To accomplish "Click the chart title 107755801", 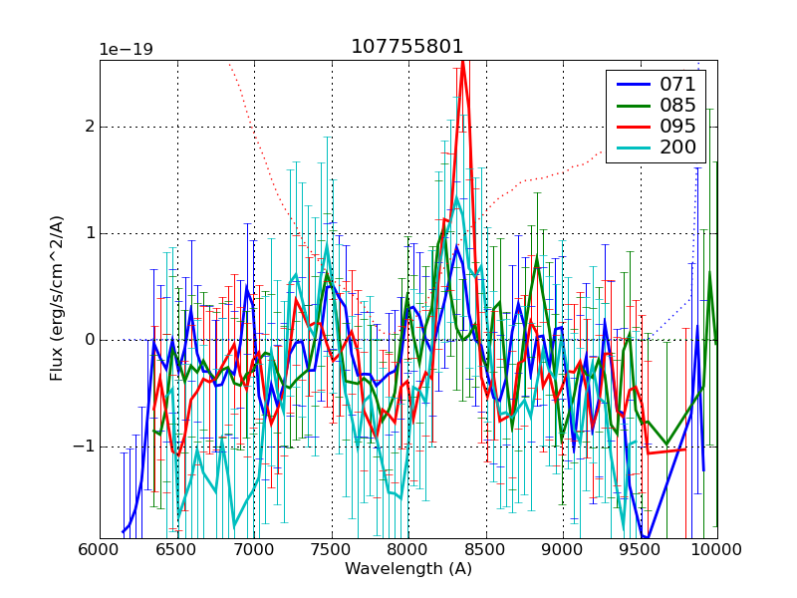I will [407, 47].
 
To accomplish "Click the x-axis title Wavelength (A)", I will [408, 569].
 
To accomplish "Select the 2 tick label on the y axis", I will [90, 127].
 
